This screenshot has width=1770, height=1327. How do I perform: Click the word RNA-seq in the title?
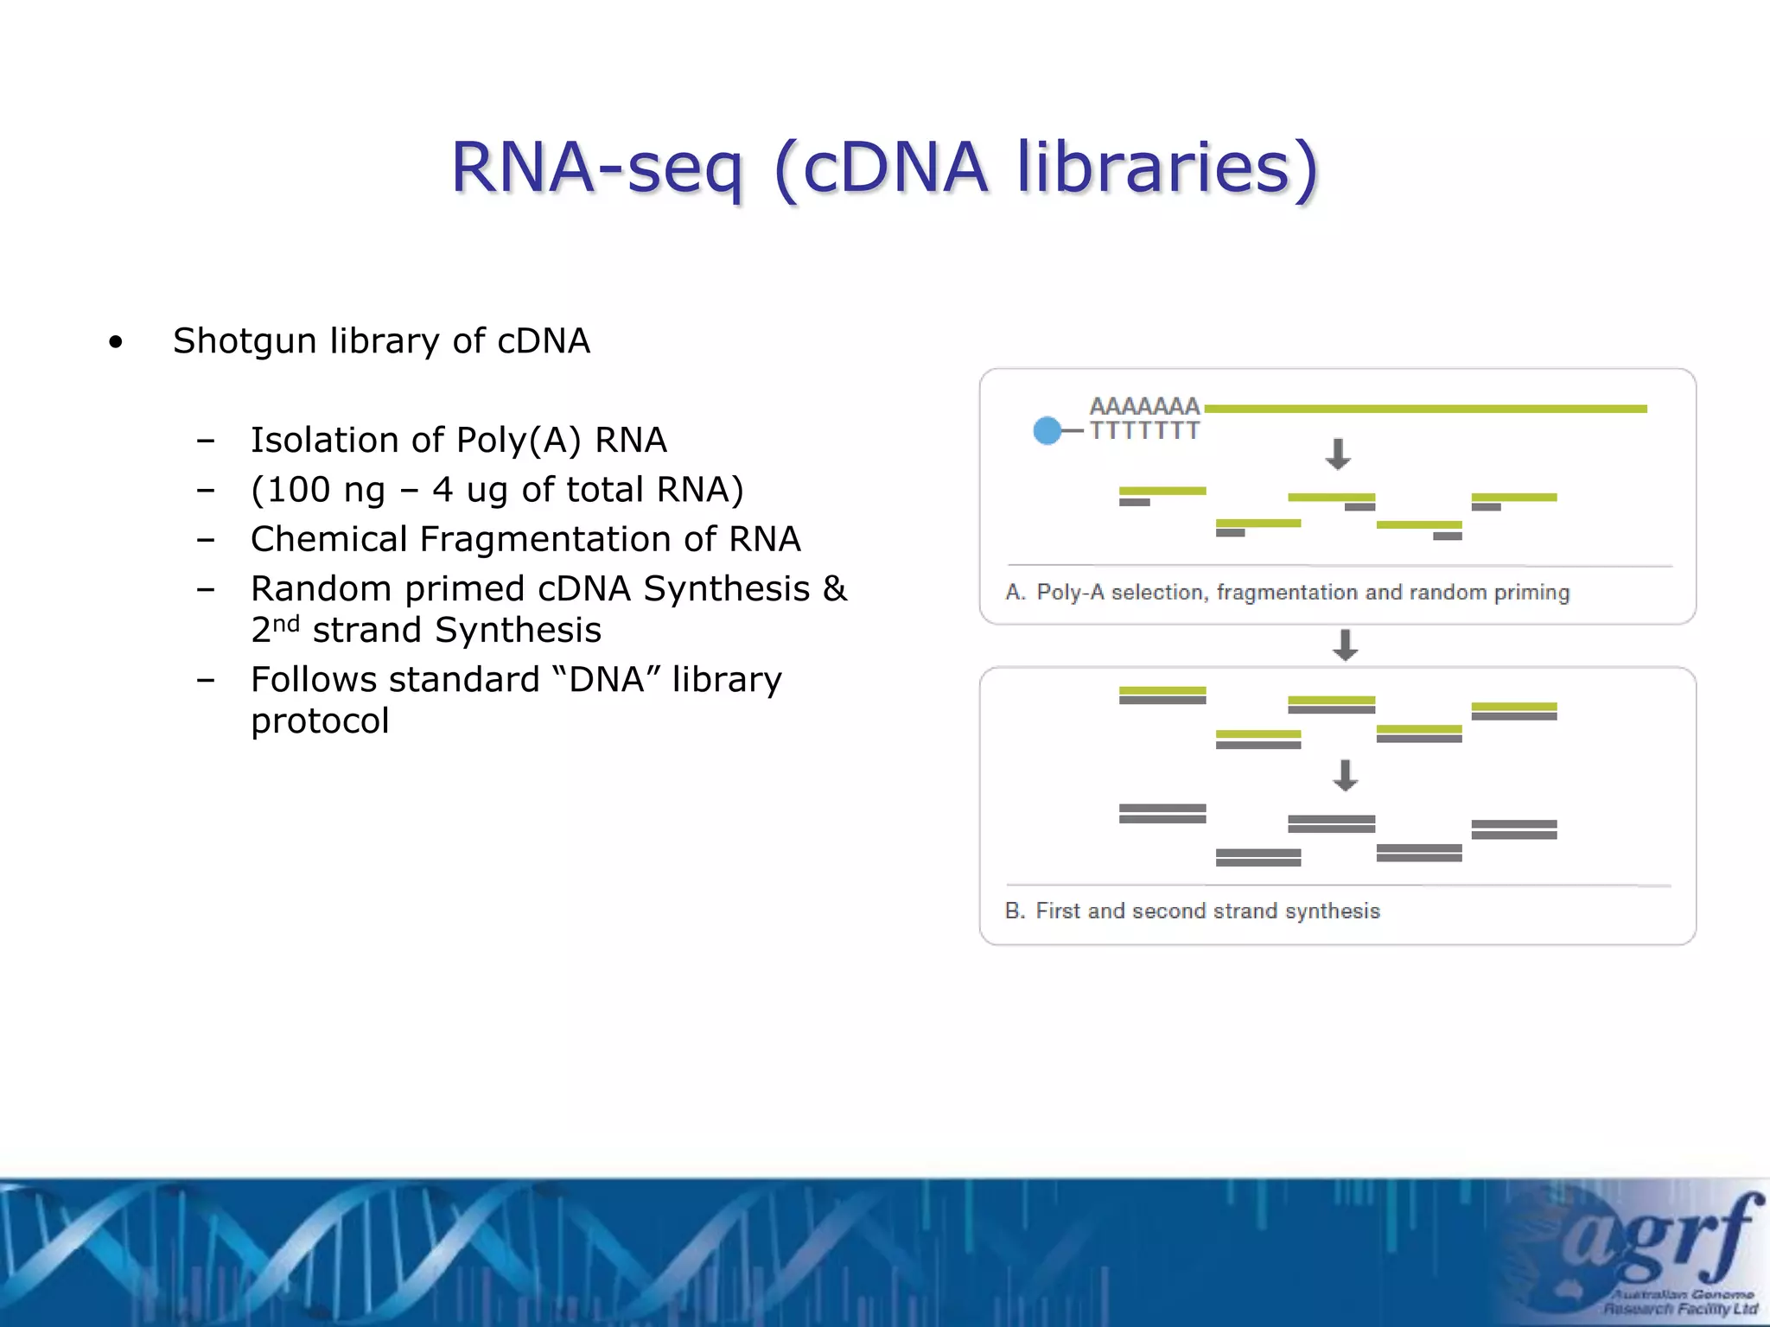click(596, 168)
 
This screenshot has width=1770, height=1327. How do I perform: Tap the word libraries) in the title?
click(1167, 168)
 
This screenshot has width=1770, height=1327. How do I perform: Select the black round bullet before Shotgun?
click(116, 343)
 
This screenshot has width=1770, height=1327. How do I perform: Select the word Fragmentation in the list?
click(544, 539)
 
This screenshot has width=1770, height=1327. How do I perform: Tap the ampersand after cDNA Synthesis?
click(834, 589)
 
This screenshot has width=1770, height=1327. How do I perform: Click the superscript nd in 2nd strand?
click(286, 624)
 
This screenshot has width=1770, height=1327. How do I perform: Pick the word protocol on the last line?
click(320, 721)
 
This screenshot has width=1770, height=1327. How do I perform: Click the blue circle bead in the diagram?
click(1047, 430)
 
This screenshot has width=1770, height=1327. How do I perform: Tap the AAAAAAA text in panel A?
click(1144, 406)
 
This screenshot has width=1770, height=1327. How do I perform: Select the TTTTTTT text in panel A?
click(1144, 430)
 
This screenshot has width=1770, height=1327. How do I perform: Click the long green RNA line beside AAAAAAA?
click(1426, 409)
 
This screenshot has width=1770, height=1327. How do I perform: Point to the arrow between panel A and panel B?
click(1345, 645)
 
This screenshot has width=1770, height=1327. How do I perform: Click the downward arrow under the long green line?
click(1338, 454)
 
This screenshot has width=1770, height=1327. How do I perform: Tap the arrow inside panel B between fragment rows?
click(1345, 775)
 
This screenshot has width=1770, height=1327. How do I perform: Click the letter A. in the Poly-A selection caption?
click(1015, 593)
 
